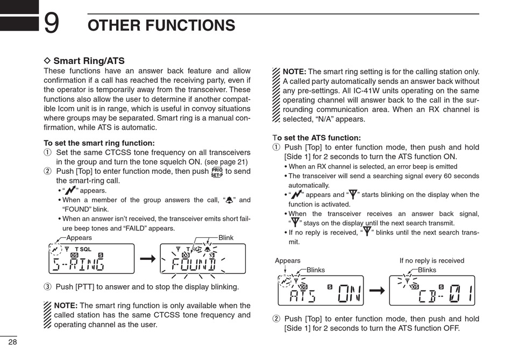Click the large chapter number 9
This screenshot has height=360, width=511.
coord(52,23)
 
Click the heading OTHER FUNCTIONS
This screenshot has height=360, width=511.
coord(161,25)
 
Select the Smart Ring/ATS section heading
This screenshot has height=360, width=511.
coord(89,61)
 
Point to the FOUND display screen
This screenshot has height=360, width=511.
coord(202,259)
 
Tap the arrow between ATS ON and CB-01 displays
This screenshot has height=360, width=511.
coord(377,291)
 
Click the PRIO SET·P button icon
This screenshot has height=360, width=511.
coord(217,172)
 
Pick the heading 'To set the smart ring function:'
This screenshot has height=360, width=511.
coord(99,143)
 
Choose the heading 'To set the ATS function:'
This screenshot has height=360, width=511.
coord(317,138)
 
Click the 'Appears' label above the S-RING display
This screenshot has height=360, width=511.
coord(79,237)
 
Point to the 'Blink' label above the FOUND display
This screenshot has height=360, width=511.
coord(226,237)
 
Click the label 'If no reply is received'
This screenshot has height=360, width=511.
coord(431,260)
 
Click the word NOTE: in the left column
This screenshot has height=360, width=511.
coord(66,306)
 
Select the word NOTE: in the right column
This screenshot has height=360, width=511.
coord(294,72)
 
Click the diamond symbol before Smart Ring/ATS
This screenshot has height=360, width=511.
coord(47,61)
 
